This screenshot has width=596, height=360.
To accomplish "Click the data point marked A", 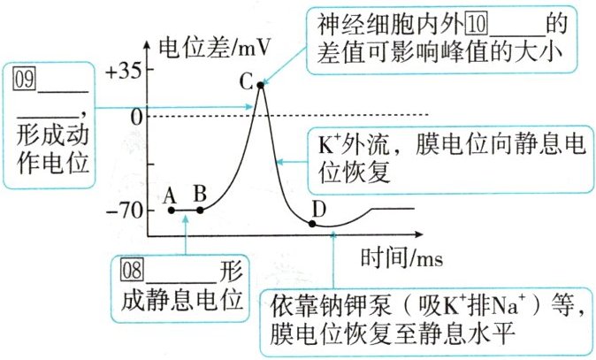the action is click(x=172, y=210).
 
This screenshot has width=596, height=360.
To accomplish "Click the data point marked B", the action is click(x=200, y=210).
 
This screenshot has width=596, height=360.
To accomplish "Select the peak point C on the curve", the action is click(x=260, y=85).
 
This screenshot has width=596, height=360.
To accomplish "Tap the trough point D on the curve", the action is click(x=312, y=222).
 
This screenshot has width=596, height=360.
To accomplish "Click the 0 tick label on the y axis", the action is click(x=134, y=115).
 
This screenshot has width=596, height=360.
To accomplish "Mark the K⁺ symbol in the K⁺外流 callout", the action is click(x=327, y=142).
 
